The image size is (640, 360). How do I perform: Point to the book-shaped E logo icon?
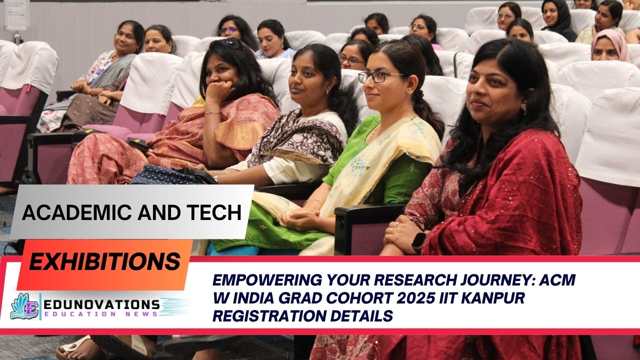tap(25, 306)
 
